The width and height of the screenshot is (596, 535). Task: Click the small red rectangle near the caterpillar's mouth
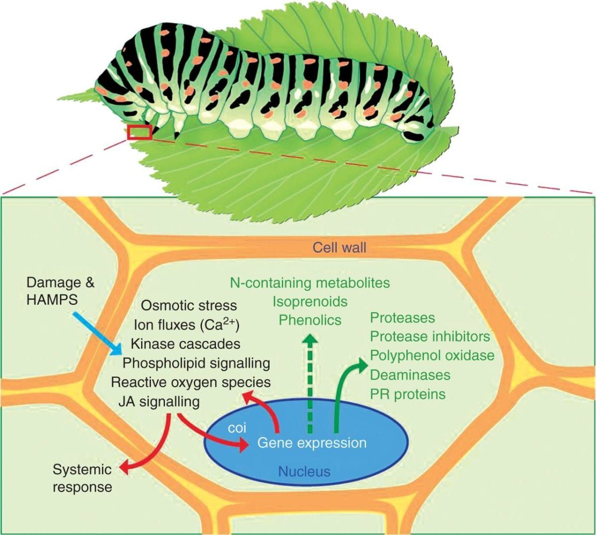pos(140,133)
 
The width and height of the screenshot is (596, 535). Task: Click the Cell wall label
pos(339,247)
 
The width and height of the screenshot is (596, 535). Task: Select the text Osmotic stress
pos(189,305)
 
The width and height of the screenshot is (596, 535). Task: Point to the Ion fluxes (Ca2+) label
pos(187,325)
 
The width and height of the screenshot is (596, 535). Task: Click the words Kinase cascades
pos(185,343)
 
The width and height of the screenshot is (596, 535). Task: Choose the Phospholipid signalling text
pos(196,363)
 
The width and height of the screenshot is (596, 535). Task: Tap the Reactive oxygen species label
pos(191,382)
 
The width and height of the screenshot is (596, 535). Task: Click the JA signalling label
pos(159,401)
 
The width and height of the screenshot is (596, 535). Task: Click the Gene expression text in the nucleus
pos(311,443)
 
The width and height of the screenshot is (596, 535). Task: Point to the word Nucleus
pos(304,470)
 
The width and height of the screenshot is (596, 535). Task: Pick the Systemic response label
pos(82,478)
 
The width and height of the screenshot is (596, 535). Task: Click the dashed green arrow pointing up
pos(310,382)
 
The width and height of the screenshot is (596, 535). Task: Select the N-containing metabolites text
pos(310,282)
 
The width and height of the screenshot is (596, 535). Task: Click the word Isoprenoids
pos(310,301)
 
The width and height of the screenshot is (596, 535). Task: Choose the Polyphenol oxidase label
pos(432,355)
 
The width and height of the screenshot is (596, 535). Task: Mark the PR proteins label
pos(408,394)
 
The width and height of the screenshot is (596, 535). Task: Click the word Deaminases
pos(410,375)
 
